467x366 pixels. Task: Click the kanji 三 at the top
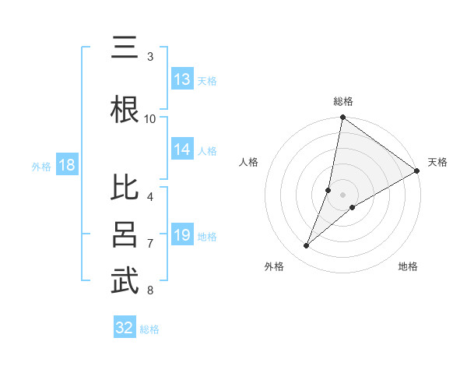pyautogui.click(x=124, y=50)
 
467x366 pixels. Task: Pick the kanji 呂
pyautogui.click(x=125, y=234)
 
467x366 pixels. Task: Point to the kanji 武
pyautogui.click(x=125, y=281)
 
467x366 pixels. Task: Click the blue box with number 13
pyautogui.click(x=182, y=79)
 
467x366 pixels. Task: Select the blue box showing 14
pyautogui.click(x=182, y=150)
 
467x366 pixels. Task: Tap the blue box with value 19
pyautogui.click(x=182, y=236)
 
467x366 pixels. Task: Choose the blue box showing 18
pyautogui.click(x=66, y=165)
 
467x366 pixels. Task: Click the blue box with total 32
pyautogui.click(x=125, y=328)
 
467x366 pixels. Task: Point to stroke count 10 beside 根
pyautogui.click(x=150, y=118)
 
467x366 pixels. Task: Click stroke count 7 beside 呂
pyautogui.click(x=150, y=244)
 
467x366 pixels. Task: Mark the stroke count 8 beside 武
pyautogui.click(x=150, y=290)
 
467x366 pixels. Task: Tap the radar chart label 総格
pyautogui.click(x=342, y=101)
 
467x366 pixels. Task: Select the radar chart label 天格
pyautogui.click(x=437, y=162)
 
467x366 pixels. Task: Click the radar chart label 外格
pyautogui.click(x=274, y=266)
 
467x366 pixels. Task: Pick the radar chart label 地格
pyautogui.click(x=408, y=266)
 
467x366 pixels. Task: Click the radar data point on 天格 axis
pyautogui.click(x=416, y=171)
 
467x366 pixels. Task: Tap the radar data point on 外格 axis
pyautogui.click(x=307, y=246)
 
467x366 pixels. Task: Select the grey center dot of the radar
pyautogui.click(x=342, y=195)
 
